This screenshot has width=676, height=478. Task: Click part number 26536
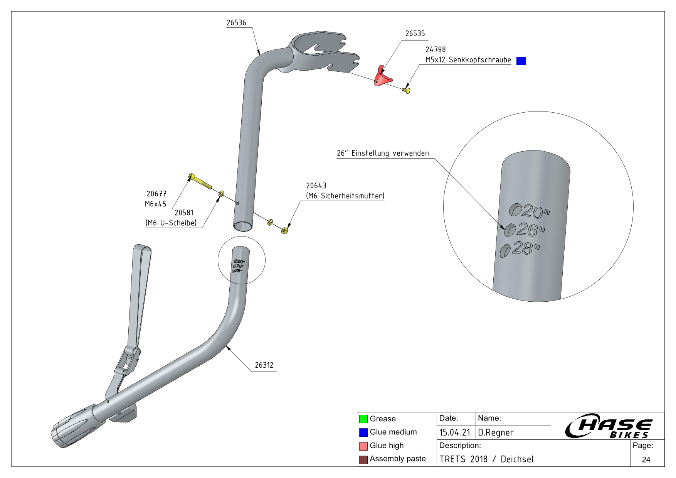tap(236, 23)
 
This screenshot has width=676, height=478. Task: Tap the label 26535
tap(415, 34)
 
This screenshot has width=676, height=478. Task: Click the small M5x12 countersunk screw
tap(406, 90)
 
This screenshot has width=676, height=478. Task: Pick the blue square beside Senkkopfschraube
tap(521, 61)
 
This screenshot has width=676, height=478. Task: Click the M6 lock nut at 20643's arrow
tap(285, 231)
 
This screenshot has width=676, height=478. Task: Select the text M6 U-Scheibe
tap(171, 223)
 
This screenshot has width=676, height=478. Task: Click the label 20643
tap(316, 186)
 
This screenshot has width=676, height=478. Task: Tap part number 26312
tap(264, 365)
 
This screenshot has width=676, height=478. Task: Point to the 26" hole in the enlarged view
tap(510, 230)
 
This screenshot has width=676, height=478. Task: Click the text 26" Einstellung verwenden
tap(383, 153)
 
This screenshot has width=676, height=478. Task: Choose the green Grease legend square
tap(363, 419)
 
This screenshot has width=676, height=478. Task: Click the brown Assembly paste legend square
tap(363, 459)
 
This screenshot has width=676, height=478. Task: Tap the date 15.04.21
tap(455, 432)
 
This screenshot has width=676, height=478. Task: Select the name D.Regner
tap(496, 432)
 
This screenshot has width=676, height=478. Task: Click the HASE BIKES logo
tap(608, 427)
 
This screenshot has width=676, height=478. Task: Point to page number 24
tap(646, 459)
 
